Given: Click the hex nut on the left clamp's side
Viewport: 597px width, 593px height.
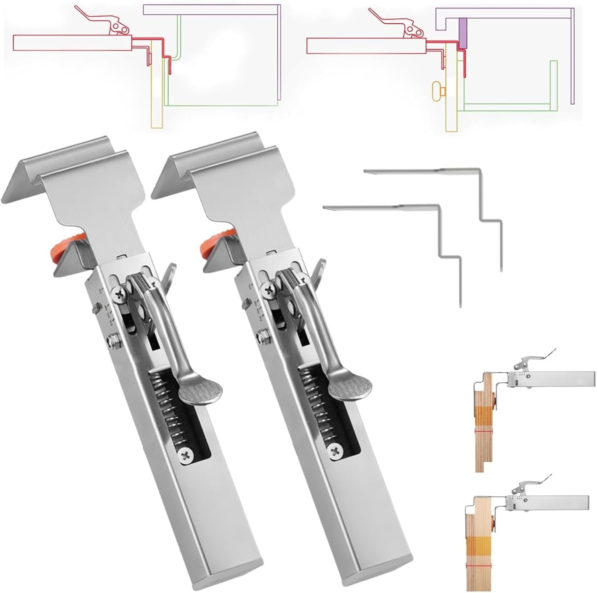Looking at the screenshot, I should click(112, 339).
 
